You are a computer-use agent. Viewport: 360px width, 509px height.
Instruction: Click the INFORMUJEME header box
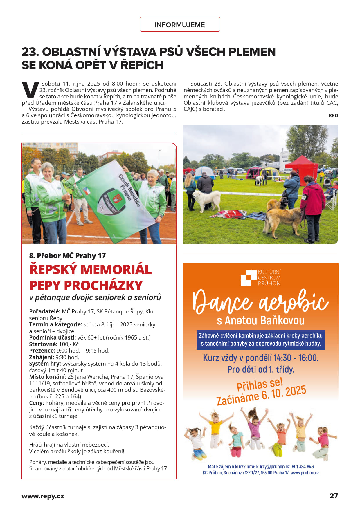(x=180, y=25)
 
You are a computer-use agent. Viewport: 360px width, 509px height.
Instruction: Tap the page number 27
(x=334, y=496)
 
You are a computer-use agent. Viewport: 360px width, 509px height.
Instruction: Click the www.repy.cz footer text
(x=43, y=496)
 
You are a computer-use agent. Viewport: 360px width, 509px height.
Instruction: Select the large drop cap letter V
(x=30, y=90)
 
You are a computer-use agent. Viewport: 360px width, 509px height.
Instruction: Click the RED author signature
(x=333, y=115)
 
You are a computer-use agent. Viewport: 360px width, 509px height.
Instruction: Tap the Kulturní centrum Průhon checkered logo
(x=248, y=277)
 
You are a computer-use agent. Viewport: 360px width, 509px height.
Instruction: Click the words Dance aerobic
(x=260, y=302)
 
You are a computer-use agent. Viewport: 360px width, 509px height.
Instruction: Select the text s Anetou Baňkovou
(x=260, y=320)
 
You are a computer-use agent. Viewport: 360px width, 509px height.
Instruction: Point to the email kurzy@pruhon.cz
(x=273, y=467)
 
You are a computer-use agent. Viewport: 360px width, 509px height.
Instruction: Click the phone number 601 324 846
(x=303, y=467)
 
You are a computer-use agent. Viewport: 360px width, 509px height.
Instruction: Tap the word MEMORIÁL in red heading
(x=116, y=269)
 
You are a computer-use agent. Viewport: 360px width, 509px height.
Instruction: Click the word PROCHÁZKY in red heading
(x=103, y=285)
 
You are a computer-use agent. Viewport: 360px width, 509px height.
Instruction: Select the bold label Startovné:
(x=43, y=344)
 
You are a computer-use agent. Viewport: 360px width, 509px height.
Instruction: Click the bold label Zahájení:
(x=42, y=357)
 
